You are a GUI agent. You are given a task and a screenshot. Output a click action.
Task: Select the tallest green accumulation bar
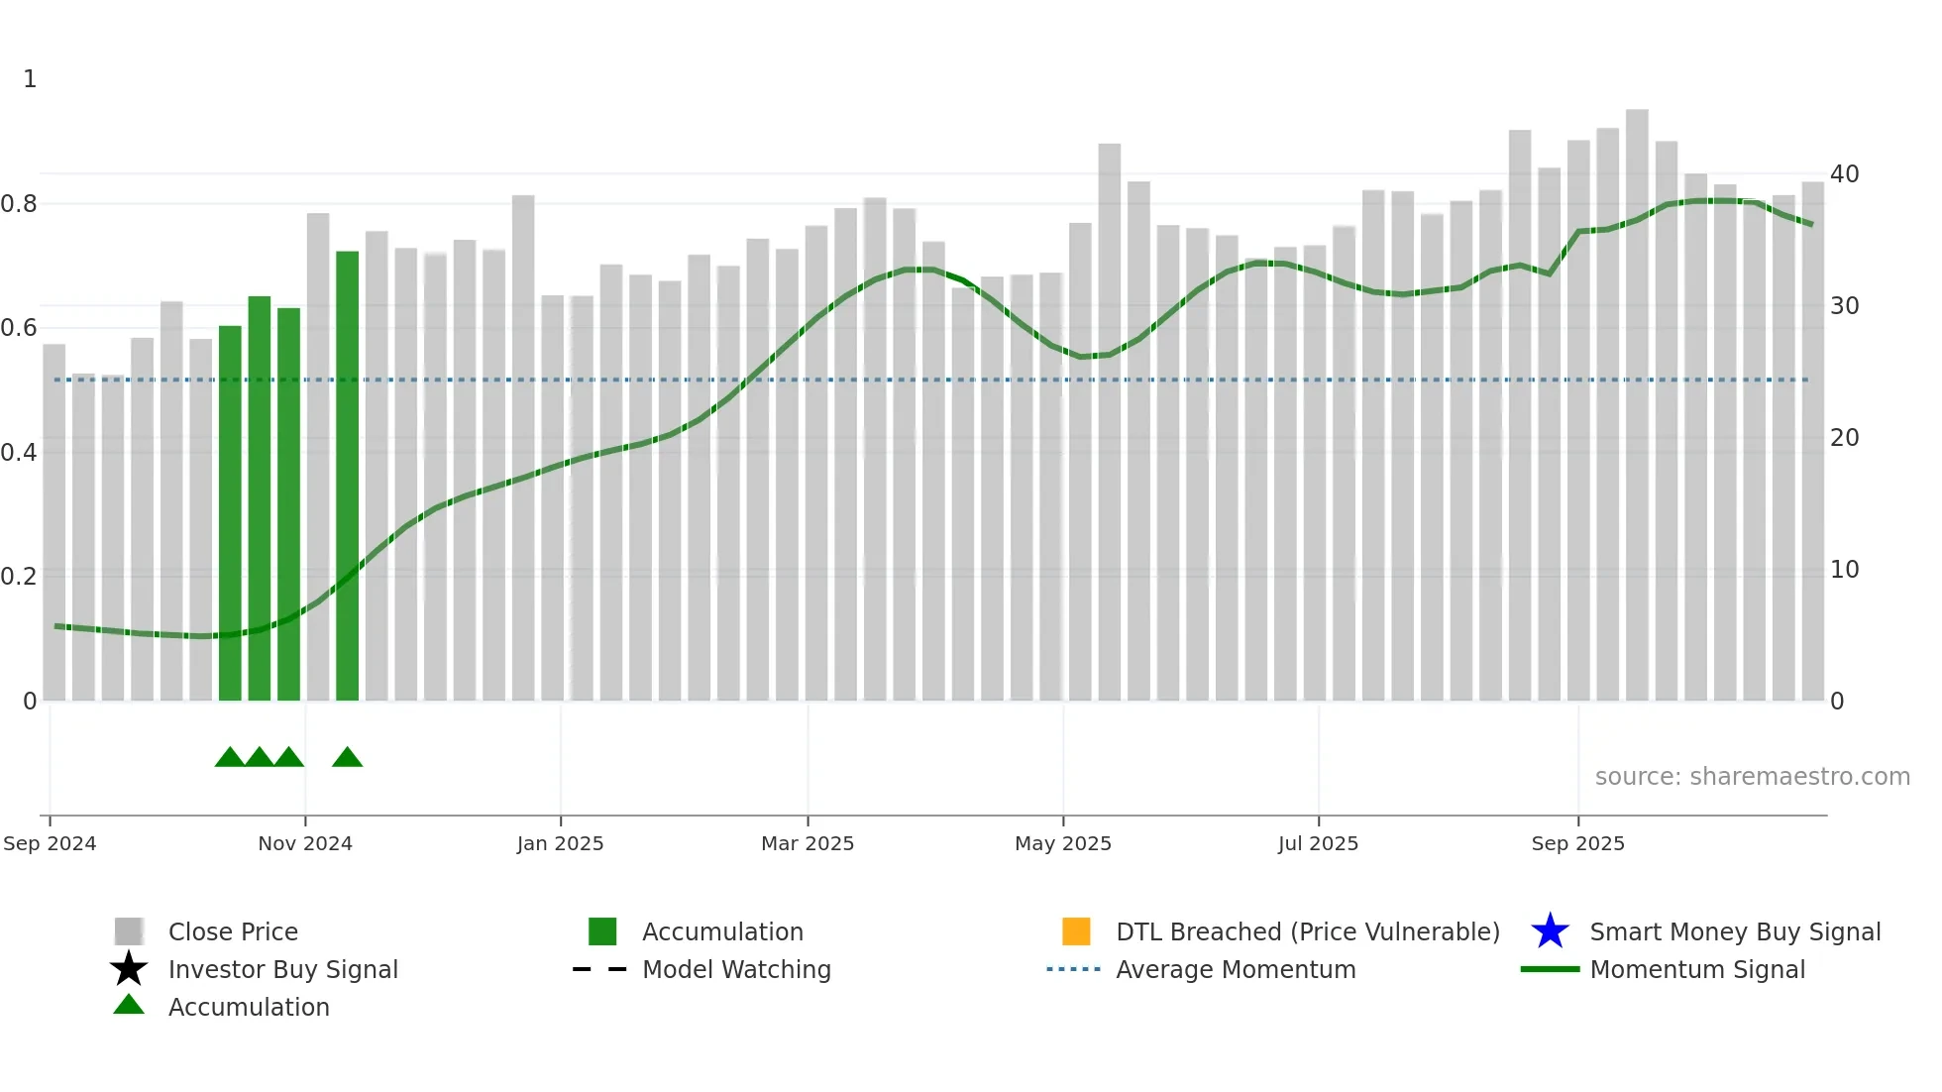(347, 476)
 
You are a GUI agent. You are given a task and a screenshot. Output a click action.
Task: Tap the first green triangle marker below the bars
(230, 758)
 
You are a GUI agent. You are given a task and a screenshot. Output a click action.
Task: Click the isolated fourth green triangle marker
(347, 758)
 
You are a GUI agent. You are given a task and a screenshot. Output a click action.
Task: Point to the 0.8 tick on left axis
(19, 204)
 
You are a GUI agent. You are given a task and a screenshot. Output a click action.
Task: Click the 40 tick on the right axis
(1844, 174)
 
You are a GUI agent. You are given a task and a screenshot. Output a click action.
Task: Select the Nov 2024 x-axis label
(305, 844)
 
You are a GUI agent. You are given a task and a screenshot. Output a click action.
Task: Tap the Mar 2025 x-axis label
(808, 844)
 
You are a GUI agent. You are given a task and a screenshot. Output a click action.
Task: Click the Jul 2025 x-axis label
(1318, 844)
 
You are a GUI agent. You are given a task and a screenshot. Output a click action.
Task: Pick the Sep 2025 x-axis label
(1577, 844)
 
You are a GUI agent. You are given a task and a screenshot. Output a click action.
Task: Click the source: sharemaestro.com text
(1752, 777)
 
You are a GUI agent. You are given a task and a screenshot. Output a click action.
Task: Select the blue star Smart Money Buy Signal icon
(1550, 931)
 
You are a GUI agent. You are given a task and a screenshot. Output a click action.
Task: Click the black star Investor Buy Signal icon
(129, 969)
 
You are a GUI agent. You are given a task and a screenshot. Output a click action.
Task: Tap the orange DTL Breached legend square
(1076, 931)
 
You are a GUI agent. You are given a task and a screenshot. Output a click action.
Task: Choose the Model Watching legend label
(736, 970)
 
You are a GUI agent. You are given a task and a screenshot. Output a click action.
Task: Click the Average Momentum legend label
(1236, 970)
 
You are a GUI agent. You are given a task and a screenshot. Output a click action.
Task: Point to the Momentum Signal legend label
(1697, 970)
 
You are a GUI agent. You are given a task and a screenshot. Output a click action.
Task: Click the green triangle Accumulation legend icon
(129, 1006)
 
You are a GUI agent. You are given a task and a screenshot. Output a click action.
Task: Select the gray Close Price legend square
(129, 931)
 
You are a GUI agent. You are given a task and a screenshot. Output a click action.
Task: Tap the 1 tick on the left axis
(30, 79)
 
